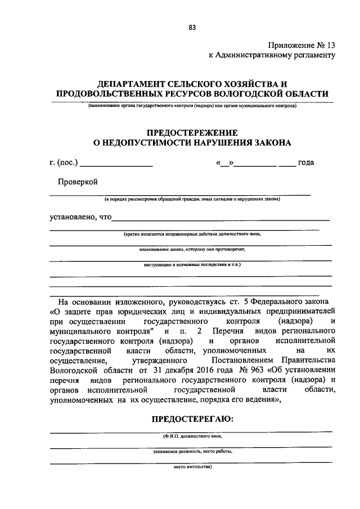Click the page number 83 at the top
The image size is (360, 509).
(x=192, y=26)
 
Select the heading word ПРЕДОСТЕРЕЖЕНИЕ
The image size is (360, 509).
(x=192, y=132)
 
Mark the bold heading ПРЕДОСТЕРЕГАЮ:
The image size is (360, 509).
(x=192, y=419)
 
